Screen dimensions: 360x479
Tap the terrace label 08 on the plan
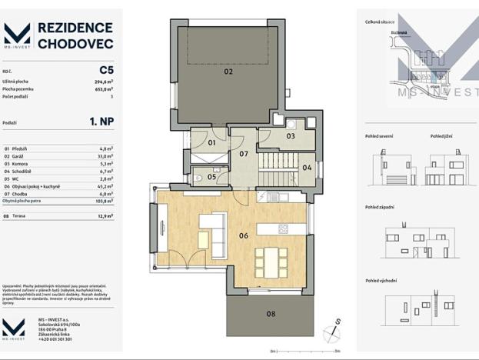[271, 314]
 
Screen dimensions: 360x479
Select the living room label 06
[243, 235]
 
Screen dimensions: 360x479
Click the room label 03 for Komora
[291, 136]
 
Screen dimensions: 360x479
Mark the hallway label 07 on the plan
[243, 154]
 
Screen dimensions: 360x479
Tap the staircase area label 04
[306, 168]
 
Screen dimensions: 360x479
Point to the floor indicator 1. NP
[101, 122]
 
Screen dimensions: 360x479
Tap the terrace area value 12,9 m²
[105, 217]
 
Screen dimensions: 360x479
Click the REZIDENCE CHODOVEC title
[75, 35]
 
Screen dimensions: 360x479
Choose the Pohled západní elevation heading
[380, 207]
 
